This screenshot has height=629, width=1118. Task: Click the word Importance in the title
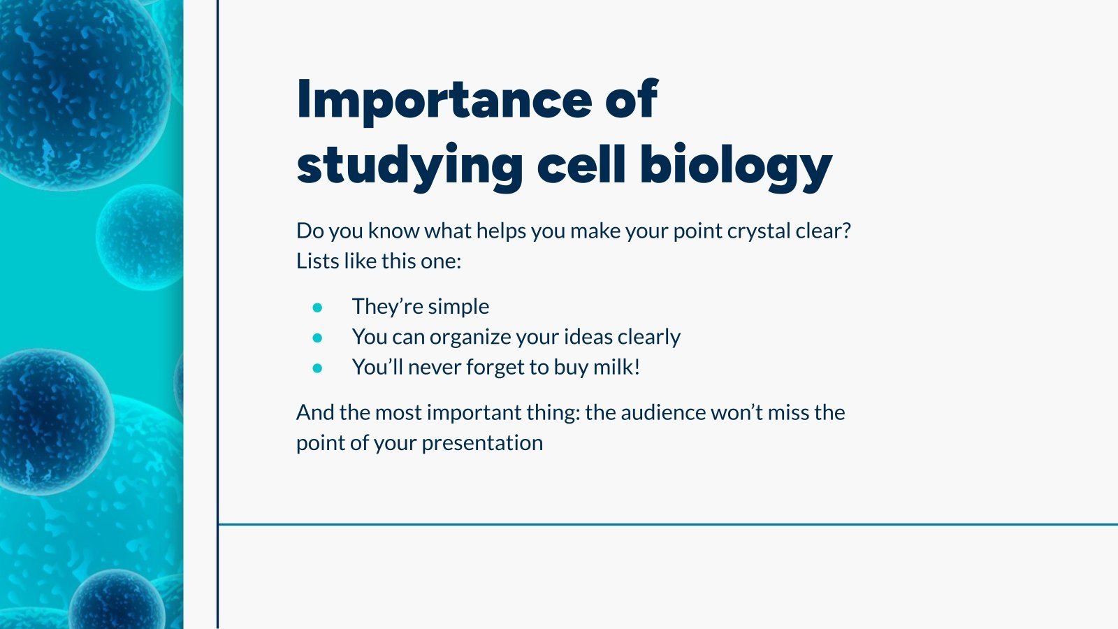tap(444, 100)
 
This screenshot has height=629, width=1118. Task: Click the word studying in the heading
tap(409, 166)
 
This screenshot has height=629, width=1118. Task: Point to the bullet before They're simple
tap(317, 307)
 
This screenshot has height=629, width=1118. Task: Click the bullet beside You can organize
tap(317, 338)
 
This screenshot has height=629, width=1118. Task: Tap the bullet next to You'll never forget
tap(317, 368)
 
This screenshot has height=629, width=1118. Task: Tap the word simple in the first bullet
tap(458, 307)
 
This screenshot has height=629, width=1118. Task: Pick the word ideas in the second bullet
tap(588, 337)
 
